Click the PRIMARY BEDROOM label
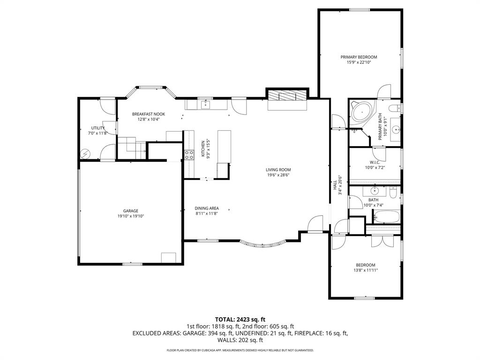coord(359,57)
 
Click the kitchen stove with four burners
coord(189,155)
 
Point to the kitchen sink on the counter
coord(205,104)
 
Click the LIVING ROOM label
coord(278,170)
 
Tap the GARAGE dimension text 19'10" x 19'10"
coord(131,216)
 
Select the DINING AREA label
coord(207,208)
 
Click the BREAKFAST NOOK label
coord(148,114)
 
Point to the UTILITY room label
coord(98,128)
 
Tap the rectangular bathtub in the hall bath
coord(386,217)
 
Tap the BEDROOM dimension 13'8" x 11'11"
coord(365,270)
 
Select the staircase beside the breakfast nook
coord(128,147)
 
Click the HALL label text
coord(335,186)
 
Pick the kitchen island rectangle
coord(224,146)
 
